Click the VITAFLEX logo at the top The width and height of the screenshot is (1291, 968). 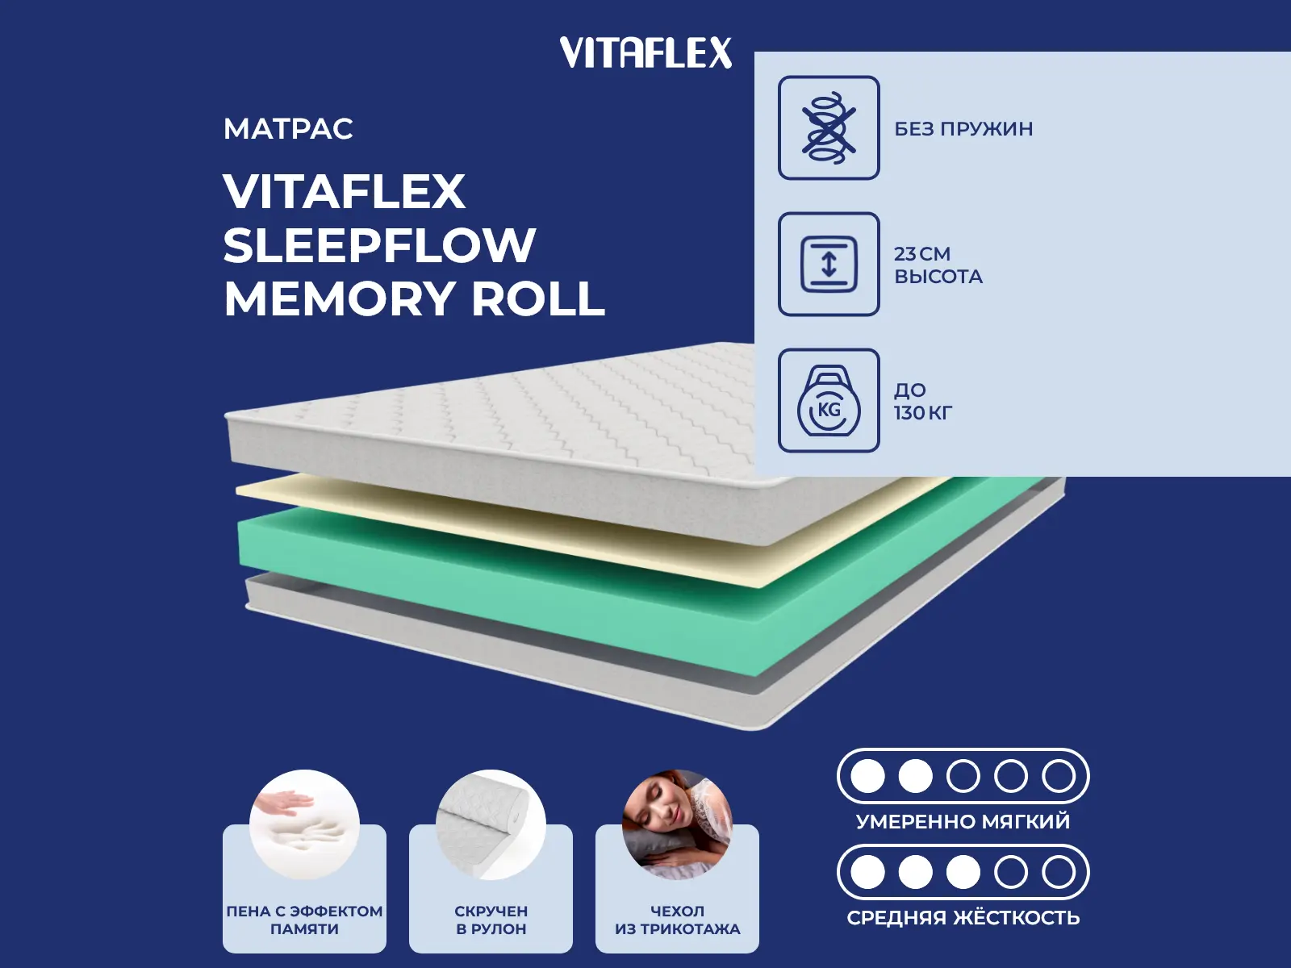pyautogui.click(x=645, y=52)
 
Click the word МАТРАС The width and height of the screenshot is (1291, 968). pyautogui.click(x=288, y=129)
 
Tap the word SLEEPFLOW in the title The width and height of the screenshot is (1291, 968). pyautogui.click(x=379, y=245)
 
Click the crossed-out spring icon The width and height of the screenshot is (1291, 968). pyautogui.click(x=829, y=127)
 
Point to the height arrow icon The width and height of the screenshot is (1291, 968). pyautogui.click(x=829, y=264)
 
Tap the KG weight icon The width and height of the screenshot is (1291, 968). pyautogui.click(x=829, y=400)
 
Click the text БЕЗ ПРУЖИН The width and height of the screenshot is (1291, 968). pyautogui.click(x=963, y=129)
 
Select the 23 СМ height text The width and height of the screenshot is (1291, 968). pyautogui.click(x=922, y=254)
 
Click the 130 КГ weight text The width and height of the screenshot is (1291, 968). pyautogui.click(x=923, y=413)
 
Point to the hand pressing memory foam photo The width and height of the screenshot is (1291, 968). pyautogui.click(x=304, y=824)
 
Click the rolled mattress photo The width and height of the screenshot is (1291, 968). pyautogui.click(x=491, y=824)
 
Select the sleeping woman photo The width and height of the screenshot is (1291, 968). pyautogui.click(x=677, y=824)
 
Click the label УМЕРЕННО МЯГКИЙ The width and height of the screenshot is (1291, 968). pyautogui.click(x=963, y=822)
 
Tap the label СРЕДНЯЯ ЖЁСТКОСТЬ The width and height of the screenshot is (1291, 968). pyautogui.click(x=963, y=917)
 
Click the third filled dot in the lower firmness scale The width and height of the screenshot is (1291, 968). pyautogui.click(x=963, y=872)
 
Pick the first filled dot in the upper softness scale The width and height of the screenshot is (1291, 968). pyautogui.click(x=867, y=776)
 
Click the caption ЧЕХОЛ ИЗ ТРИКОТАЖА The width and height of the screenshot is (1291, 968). pyautogui.click(x=677, y=920)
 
